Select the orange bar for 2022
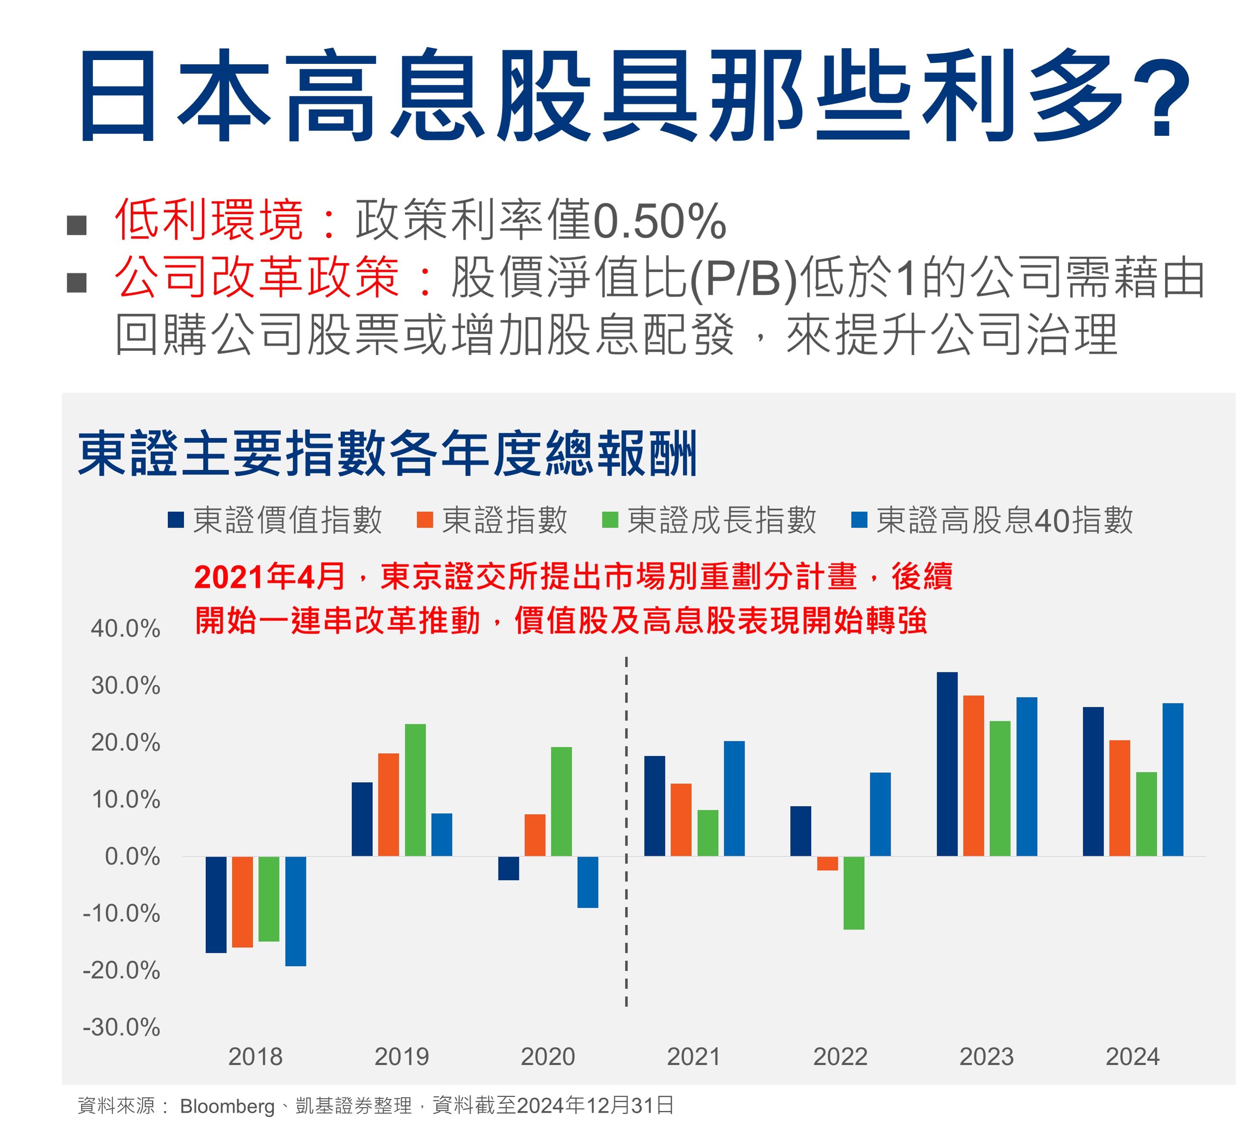pyautogui.click(x=827, y=863)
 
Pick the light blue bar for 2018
pyautogui.click(x=295, y=910)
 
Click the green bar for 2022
pyautogui.click(x=854, y=893)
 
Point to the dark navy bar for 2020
pyautogui.click(x=508, y=868)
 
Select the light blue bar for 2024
pyautogui.click(x=1173, y=779)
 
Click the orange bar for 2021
pyautogui.click(x=681, y=820)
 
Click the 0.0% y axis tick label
pyautogui.click(x=132, y=856)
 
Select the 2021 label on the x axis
pyautogui.click(x=694, y=1056)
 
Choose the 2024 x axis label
pyautogui.click(x=1132, y=1056)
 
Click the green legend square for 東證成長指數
pyautogui.click(x=610, y=520)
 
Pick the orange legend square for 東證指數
pyautogui.click(x=424, y=520)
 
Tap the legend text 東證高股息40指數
pyautogui.click(x=1005, y=520)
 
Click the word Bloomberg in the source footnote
pyautogui.click(x=227, y=1106)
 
